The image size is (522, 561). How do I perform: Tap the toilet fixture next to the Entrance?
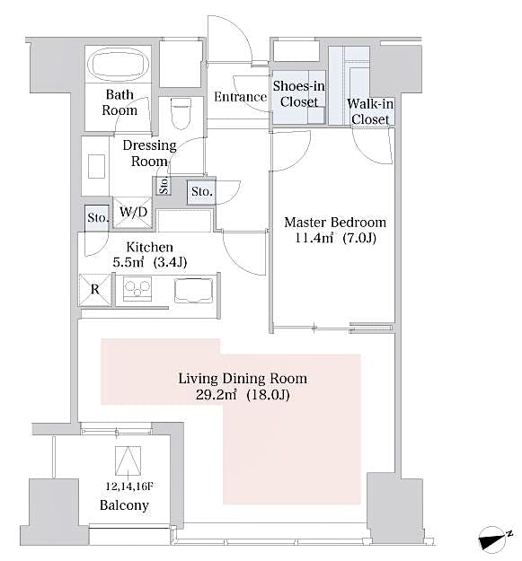[x=181, y=114]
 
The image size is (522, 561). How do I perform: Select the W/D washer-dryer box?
[x=134, y=213]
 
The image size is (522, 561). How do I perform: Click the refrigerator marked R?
[x=94, y=290]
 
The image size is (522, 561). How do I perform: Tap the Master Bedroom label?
[x=334, y=222]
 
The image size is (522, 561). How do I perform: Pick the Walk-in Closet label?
[x=369, y=111]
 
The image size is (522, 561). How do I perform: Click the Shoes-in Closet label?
[x=300, y=93]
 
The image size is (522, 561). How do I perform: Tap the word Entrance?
[x=240, y=97]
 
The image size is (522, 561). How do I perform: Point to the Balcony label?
[x=124, y=505]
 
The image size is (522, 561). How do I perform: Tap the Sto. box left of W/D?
[x=97, y=217]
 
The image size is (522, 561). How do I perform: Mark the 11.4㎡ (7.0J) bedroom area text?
[x=334, y=238]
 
